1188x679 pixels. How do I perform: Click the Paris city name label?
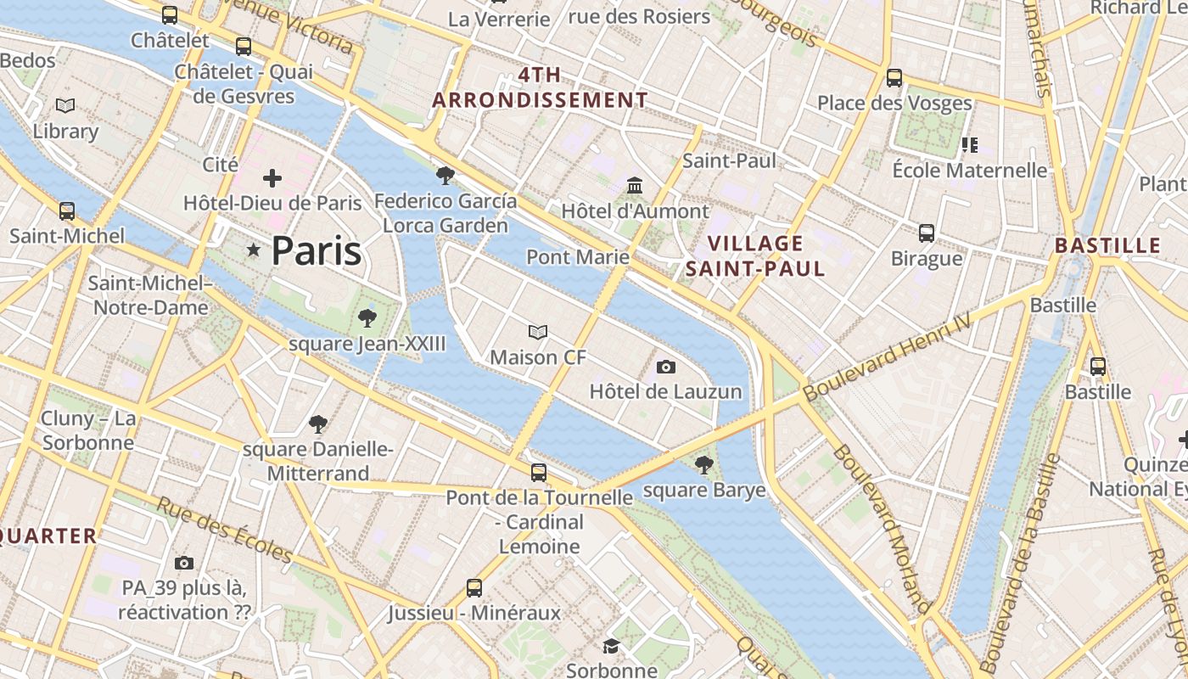click(x=317, y=251)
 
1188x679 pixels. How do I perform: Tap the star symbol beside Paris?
click(x=253, y=250)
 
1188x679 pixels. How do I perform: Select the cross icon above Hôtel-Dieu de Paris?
click(x=272, y=178)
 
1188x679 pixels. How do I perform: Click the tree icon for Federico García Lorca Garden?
click(x=445, y=176)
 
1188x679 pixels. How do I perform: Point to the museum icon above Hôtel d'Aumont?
click(x=635, y=185)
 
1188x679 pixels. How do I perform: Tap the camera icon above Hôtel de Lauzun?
click(x=666, y=367)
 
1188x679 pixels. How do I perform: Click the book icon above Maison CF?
click(x=538, y=332)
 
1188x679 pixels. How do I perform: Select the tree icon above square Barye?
click(x=703, y=464)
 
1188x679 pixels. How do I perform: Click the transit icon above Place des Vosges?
click(x=894, y=78)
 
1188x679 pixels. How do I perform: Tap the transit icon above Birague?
click(x=927, y=233)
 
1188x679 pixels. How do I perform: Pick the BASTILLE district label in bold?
click(x=1107, y=246)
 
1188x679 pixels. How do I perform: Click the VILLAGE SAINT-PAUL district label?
click(x=755, y=256)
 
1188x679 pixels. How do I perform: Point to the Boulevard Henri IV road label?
click(x=887, y=357)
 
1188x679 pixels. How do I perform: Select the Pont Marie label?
click(x=578, y=256)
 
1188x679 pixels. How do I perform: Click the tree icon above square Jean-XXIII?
click(x=367, y=318)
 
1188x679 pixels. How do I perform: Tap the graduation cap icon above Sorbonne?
click(x=611, y=647)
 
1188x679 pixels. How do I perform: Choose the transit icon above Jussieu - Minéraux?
click(x=474, y=587)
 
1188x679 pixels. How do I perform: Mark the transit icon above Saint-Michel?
click(x=67, y=210)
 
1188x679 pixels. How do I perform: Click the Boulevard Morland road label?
click(x=883, y=527)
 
